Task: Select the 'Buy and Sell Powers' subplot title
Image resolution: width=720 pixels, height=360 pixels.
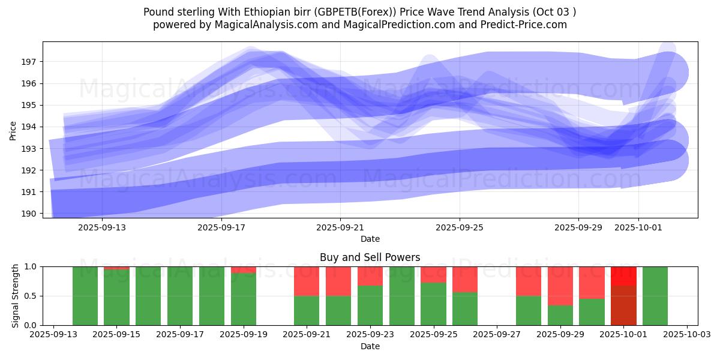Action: [x=370, y=257]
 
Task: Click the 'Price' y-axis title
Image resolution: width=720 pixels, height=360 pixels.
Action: [x=13, y=130]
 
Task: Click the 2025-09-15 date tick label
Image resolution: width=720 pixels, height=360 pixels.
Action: [x=117, y=334]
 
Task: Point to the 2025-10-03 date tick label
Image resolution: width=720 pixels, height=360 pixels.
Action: [x=686, y=334]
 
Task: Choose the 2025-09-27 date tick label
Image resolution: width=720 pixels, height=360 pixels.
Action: [x=497, y=334]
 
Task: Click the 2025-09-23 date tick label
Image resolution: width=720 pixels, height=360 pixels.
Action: [x=370, y=334]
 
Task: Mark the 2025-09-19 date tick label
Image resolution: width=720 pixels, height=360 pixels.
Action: [x=244, y=334]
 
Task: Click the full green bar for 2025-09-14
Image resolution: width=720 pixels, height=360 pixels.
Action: [x=85, y=296]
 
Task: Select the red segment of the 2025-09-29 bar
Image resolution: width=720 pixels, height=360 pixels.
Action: [x=560, y=286]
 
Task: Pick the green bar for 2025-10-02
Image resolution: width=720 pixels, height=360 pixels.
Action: [x=655, y=296]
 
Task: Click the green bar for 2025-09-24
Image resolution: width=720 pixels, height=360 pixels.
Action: [x=402, y=296]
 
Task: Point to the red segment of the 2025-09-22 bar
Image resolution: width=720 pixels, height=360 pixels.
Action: [x=338, y=281]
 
